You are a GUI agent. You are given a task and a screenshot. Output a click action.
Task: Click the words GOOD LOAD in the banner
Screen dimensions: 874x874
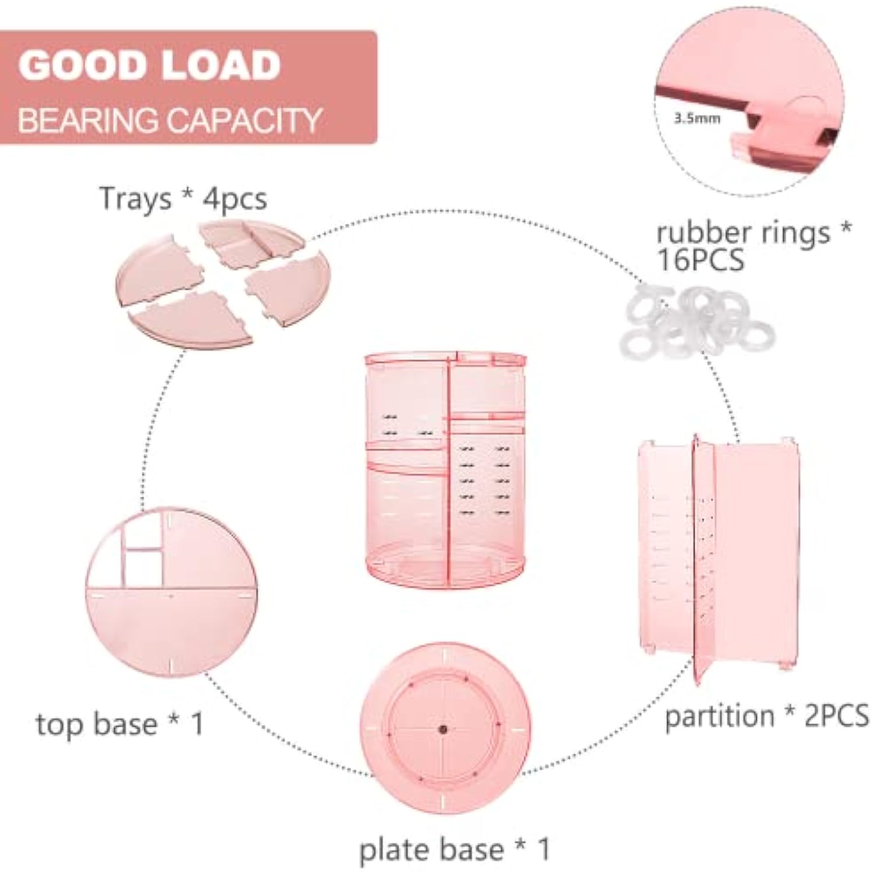150,65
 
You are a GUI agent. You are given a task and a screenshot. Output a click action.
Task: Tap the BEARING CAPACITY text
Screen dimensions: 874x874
170,120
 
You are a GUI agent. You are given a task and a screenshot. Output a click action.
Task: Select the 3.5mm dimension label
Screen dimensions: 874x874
697,118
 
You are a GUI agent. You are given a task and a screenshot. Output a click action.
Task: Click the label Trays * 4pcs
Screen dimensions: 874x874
183,199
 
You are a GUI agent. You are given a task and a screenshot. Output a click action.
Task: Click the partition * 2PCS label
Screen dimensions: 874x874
767,716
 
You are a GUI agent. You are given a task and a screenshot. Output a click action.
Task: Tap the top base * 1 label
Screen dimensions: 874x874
120,724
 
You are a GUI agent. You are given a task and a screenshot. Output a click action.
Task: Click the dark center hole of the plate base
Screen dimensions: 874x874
443,729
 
